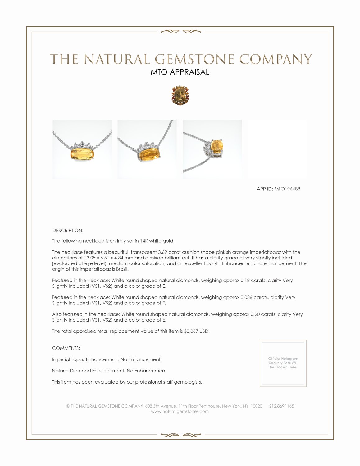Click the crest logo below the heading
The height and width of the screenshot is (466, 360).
pyautogui.click(x=180, y=95)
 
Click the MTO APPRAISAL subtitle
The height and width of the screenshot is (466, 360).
pyautogui.click(x=180, y=72)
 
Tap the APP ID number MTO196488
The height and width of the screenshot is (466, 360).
pyautogui.click(x=287, y=189)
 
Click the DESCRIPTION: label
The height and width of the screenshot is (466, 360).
pyautogui.click(x=68, y=231)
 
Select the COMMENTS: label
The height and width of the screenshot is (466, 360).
pyautogui.click(x=66, y=348)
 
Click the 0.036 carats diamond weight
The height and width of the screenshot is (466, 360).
pyautogui.click(x=246, y=297)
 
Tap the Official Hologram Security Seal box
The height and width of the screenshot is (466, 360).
pyautogui.click(x=283, y=363)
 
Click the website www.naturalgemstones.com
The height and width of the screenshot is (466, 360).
pyautogui.click(x=180, y=411)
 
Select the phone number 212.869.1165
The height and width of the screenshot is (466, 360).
pyautogui.click(x=281, y=406)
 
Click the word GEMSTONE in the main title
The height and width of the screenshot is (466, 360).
pyautogui.click(x=194, y=59)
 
